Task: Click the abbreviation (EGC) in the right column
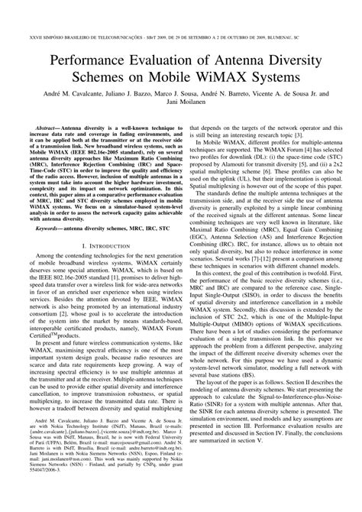(x=201, y=250)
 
